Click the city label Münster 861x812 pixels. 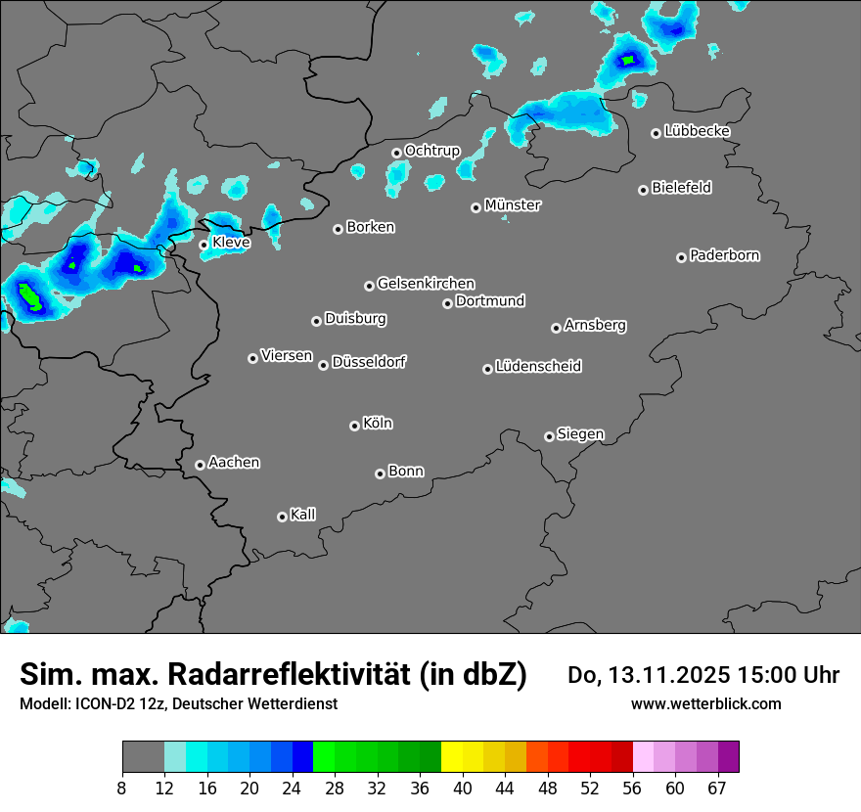pyautogui.click(x=512, y=205)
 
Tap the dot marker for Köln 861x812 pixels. pyautogui.click(x=354, y=426)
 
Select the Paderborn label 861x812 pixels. pyautogui.click(x=724, y=255)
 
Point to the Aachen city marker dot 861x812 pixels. pyautogui.click(x=200, y=465)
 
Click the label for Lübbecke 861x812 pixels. pyautogui.click(x=697, y=131)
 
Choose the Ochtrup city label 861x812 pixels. pyautogui.click(x=431, y=151)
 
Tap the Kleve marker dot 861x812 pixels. pyautogui.click(x=204, y=245)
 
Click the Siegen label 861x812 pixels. pyautogui.click(x=580, y=434)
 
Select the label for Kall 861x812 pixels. pyautogui.click(x=302, y=515)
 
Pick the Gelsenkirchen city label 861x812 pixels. pyautogui.click(x=426, y=284)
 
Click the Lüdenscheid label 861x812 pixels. pyautogui.click(x=538, y=367)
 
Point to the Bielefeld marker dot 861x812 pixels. pyautogui.click(x=643, y=190)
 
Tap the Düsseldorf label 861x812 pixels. pyautogui.click(x=369, y=362)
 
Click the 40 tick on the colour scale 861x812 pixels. pyautogui.click(x=462, y=788)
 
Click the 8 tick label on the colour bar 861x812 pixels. pyautogui.click(x=122, y=788)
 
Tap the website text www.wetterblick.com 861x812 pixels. pyautogui.click(x=705, y=703)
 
